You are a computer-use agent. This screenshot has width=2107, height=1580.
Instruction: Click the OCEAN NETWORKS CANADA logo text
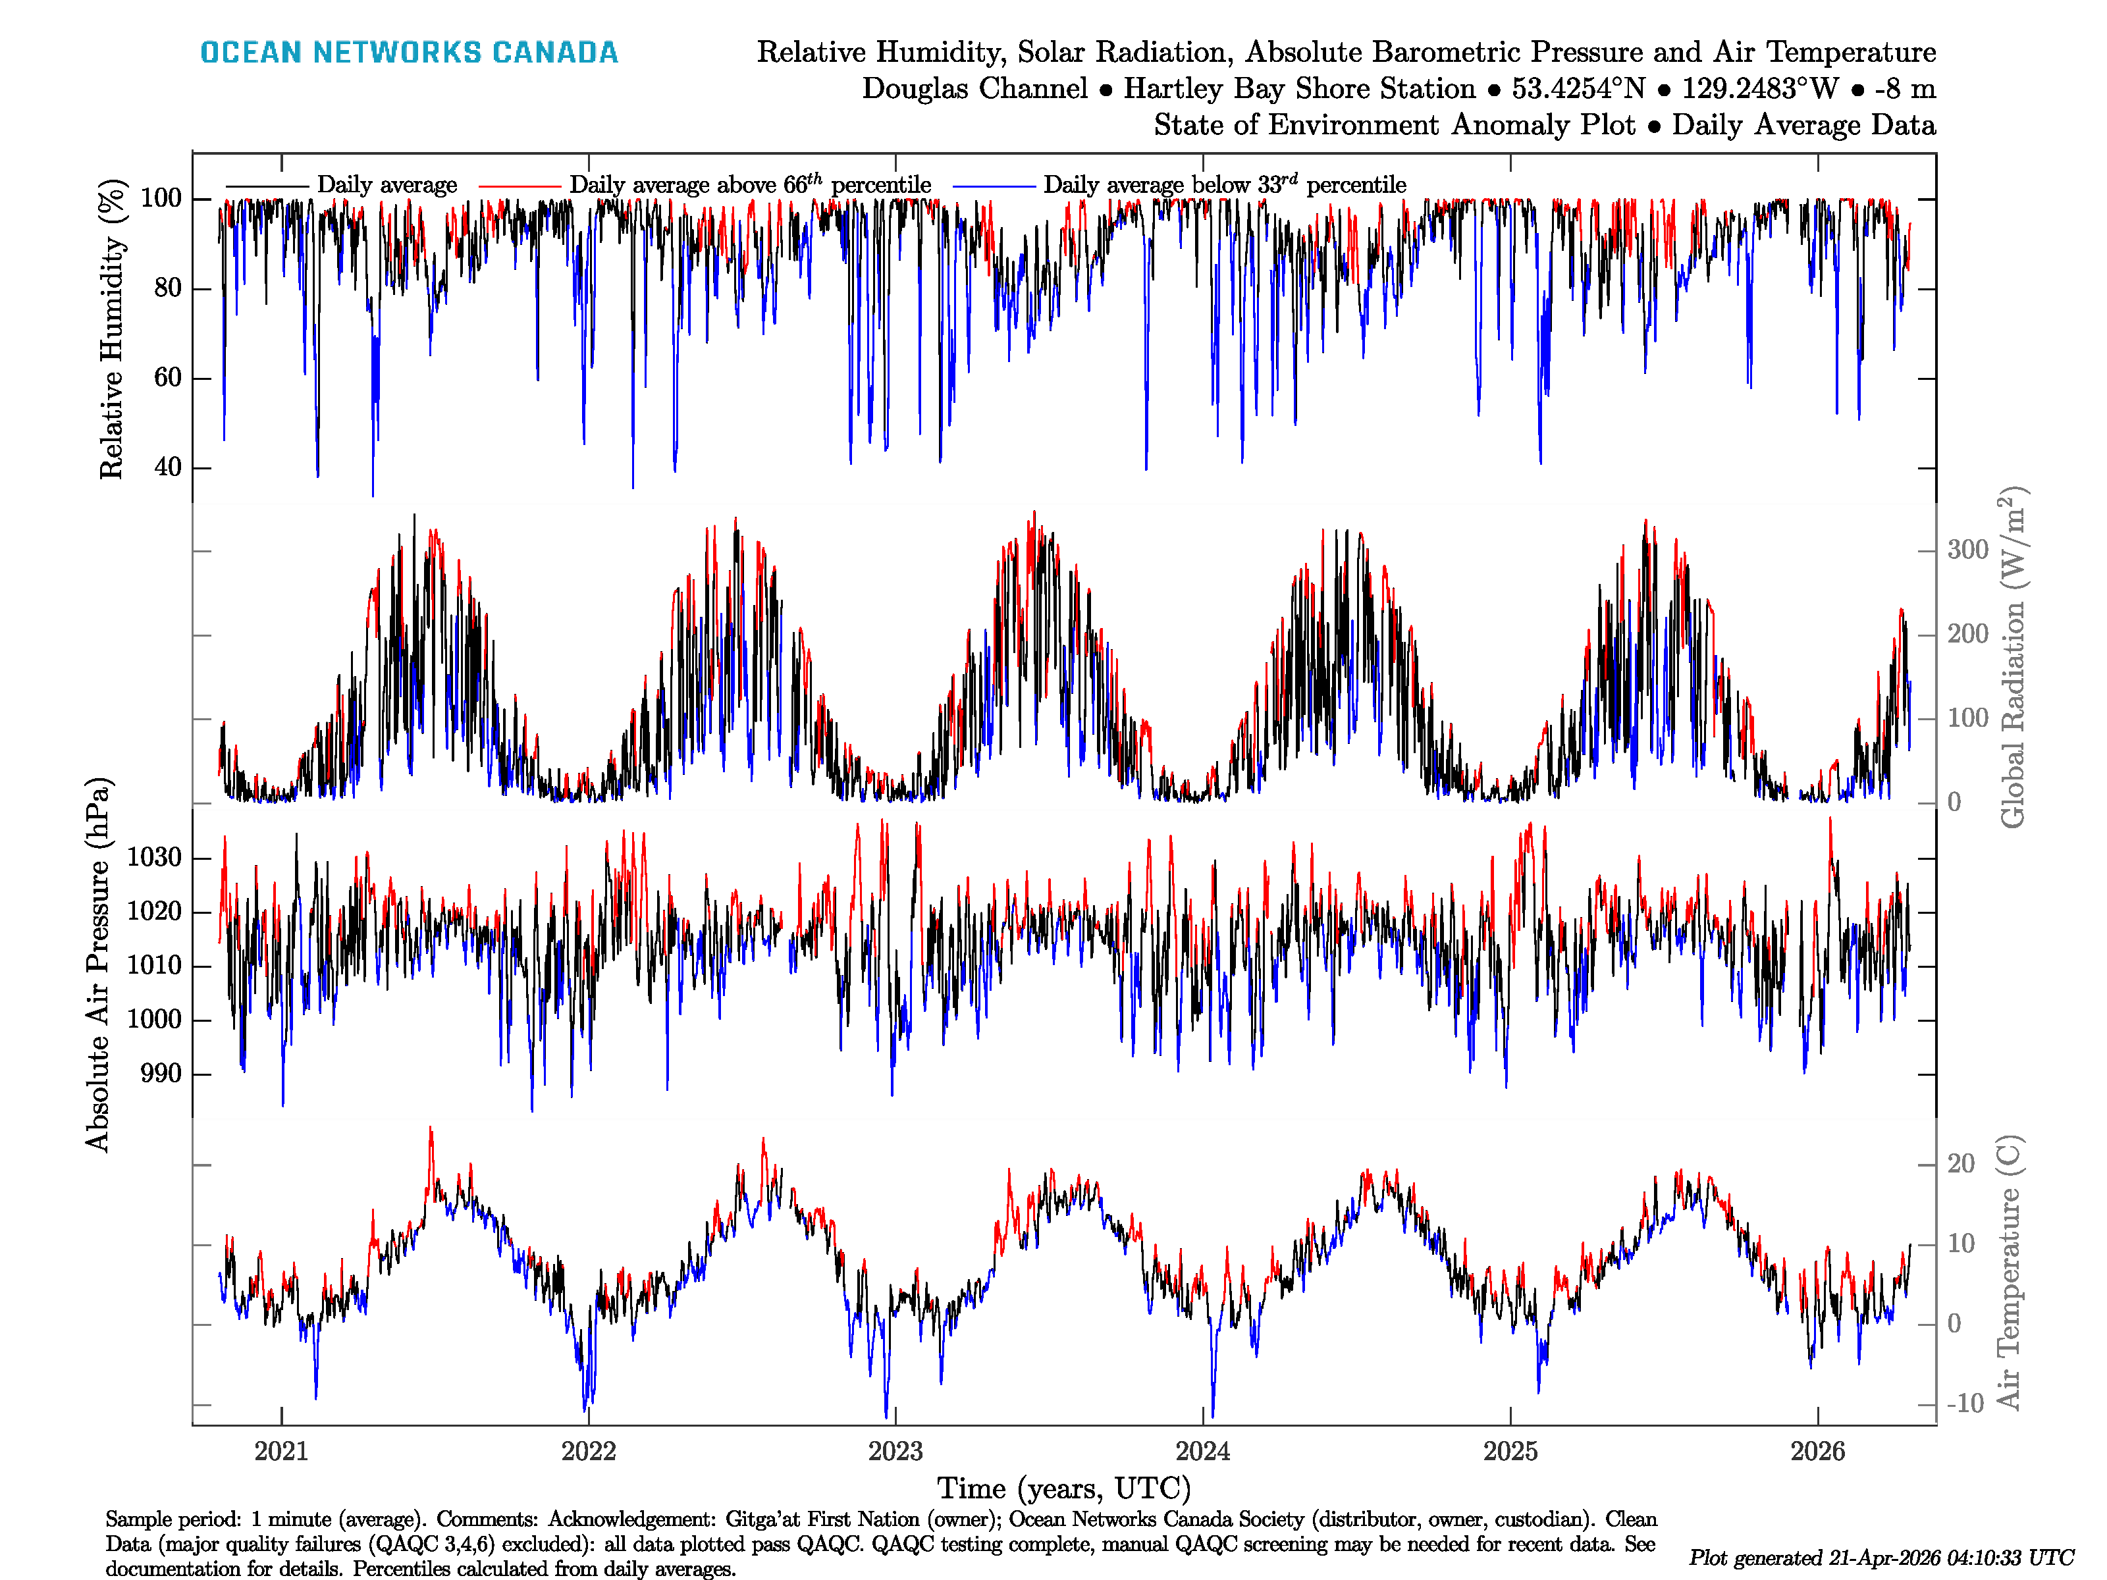[409, 53]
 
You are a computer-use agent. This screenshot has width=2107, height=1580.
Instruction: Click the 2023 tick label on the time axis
[895, 1452]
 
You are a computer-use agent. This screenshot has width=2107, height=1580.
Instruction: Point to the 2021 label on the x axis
[281, 1452]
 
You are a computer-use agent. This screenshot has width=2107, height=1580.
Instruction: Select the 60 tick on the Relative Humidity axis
[168, 378]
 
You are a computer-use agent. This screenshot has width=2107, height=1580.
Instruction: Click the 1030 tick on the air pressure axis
[153, 858]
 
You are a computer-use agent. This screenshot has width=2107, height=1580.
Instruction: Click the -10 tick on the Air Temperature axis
[1964, 1404]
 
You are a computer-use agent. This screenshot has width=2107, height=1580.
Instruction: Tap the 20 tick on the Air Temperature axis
[1960, 1164]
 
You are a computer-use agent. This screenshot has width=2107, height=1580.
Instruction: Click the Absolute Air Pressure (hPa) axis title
[97, 964]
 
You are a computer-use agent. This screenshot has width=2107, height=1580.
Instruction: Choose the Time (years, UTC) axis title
[1064, 1488]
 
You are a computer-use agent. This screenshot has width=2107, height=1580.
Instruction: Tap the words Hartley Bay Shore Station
[1299, 89]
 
